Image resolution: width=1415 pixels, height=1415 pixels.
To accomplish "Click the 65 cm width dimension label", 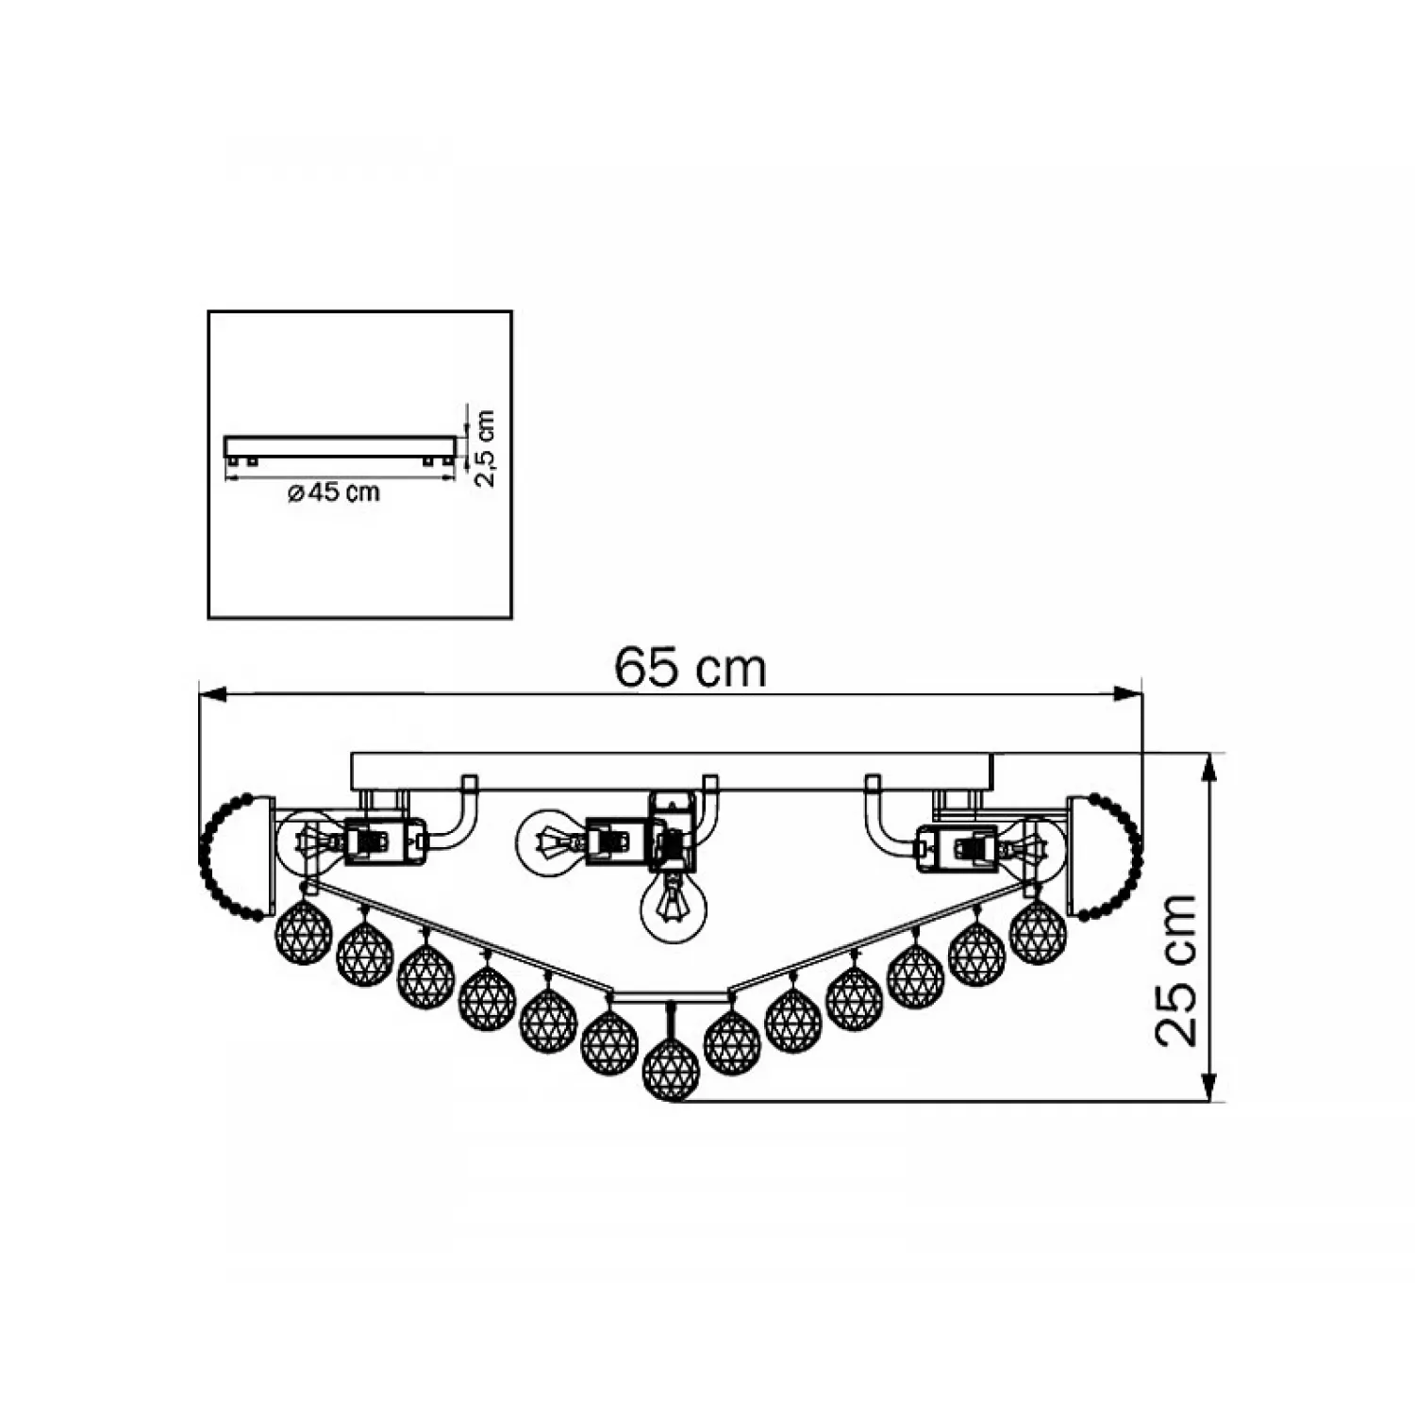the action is [x=690, y=668].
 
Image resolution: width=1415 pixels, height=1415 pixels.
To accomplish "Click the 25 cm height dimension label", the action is [x=1176, y=971].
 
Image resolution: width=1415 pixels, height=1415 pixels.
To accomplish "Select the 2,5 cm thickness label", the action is [x=484, y=448].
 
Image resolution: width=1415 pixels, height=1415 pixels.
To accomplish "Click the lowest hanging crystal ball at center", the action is [x=671, y=1070].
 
